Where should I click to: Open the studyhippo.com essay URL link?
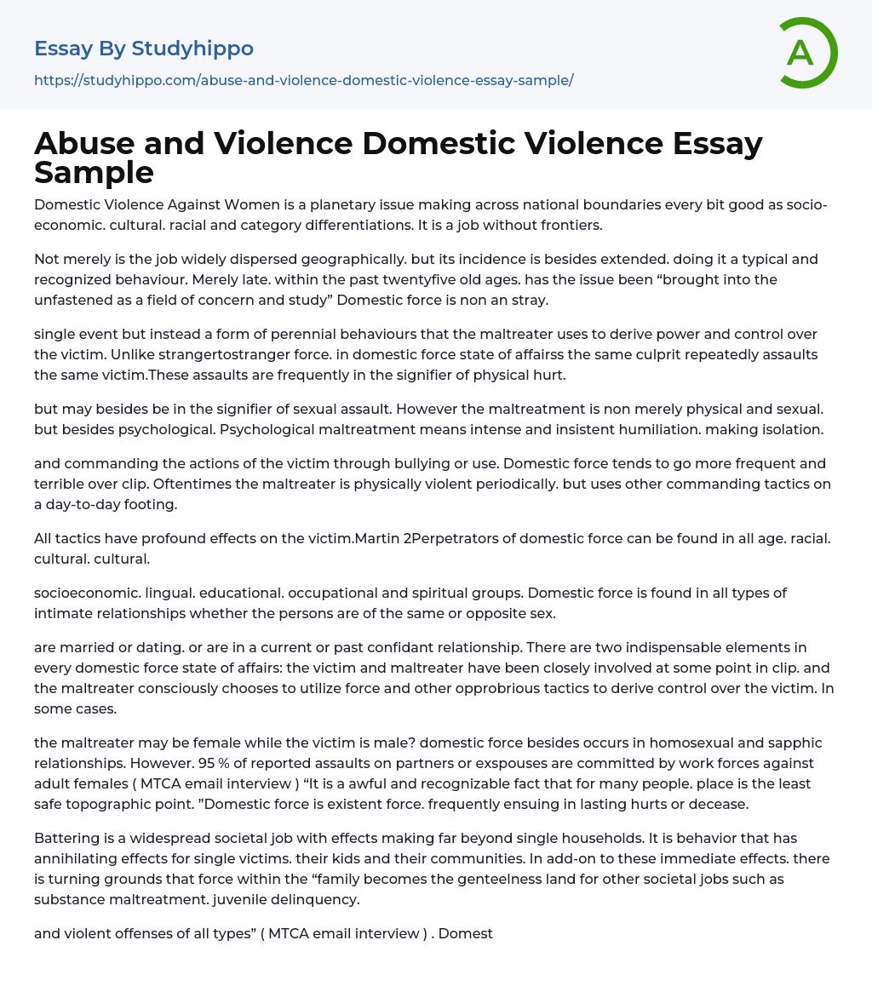pyautogui.click(x=304, y=80)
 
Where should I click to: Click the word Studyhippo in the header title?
pyautogui.click(x=192, y=49)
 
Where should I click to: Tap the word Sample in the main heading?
pyautogui.click(x=94, y=172)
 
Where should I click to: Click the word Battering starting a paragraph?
pyautogui.click(x=65, y=838)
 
